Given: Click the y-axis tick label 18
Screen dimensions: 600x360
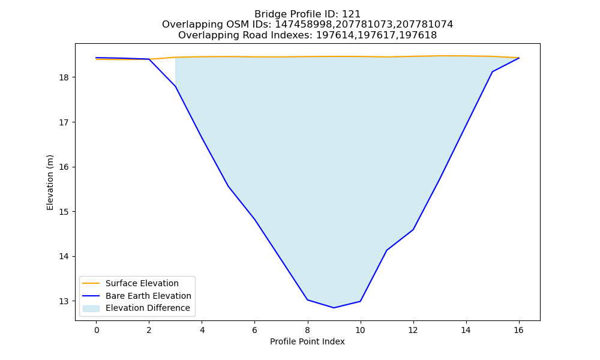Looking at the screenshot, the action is coord(64,77).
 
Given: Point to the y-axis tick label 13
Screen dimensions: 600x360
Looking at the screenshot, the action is coord(64,301).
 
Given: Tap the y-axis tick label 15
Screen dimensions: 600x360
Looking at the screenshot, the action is coord(64,212).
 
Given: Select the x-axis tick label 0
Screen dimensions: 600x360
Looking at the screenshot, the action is coord(97,330).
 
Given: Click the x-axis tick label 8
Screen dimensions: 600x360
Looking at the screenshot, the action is coord(308,330).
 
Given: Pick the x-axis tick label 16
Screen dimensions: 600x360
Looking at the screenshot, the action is coord(518,330).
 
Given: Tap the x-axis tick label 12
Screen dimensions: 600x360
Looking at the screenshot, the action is coord(413,330).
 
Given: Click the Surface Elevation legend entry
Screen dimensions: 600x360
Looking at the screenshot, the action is coord(142,283).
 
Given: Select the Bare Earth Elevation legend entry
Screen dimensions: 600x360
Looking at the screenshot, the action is coord(148,296).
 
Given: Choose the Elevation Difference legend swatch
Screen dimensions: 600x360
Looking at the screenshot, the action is coord(91,308).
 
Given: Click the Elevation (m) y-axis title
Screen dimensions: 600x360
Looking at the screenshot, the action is coord(50,182).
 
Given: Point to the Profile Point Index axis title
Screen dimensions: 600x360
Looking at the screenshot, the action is coord(307,341).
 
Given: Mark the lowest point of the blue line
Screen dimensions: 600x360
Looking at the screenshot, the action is coord(334,308).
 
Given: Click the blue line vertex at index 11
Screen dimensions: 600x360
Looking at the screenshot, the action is coord(387,250).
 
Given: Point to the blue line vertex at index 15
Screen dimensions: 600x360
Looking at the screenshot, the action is coord(493,71).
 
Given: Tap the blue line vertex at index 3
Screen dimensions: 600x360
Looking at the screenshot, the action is coord(176,86).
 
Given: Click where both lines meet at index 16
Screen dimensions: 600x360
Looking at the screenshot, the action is coord(519,58).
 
